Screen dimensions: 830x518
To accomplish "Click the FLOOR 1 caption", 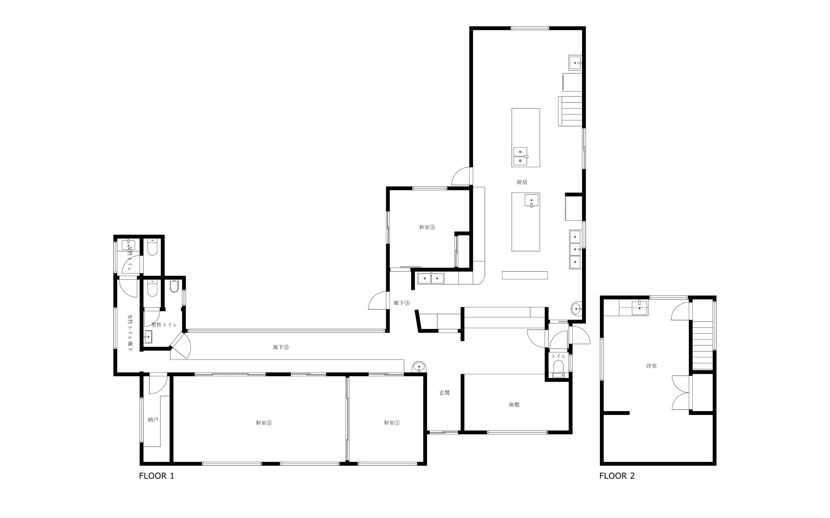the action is [157, 476].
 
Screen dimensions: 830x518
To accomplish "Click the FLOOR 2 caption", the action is [617, 476].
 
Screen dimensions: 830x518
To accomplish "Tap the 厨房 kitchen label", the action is [522, 182].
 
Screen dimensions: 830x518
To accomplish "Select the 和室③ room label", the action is [427, 227].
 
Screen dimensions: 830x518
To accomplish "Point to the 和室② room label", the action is [264, 423].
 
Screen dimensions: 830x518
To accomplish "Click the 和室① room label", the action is [392, 423].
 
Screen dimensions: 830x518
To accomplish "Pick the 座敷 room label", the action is [514, 405].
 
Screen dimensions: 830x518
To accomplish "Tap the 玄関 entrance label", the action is [444, 393].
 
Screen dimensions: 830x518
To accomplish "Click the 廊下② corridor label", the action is [281, 347].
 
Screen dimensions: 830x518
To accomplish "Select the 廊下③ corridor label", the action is [401, 303].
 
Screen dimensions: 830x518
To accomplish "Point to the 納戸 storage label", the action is [153, 420].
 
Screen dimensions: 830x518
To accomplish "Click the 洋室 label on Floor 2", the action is [652, 366].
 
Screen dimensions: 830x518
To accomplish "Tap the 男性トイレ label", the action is [164, 325].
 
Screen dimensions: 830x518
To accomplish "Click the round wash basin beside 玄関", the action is [419, 367].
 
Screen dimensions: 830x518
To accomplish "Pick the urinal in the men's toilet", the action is [174, 286].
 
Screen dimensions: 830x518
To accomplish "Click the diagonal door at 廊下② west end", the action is [181, 346].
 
